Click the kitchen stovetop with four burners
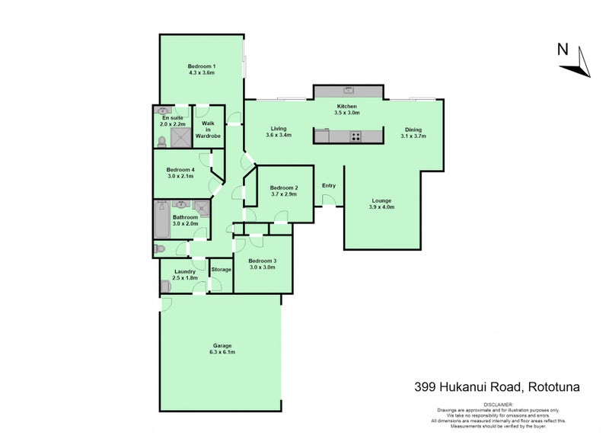click(356, 137)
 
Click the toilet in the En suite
click(161, 140)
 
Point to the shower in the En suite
click(181, 137)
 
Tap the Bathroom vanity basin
click(182, 204)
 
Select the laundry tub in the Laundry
click(165, 286)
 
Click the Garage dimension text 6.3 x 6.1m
click(222, 353)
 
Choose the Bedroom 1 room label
click(202, 67)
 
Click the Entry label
click(329, 185)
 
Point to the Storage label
click(221, 270)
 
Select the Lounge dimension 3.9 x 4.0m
click(381, 207)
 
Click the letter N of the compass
click(563, 51)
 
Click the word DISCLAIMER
click(499, 404)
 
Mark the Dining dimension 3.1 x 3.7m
click(413, 136)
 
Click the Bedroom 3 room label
click(263, 261)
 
